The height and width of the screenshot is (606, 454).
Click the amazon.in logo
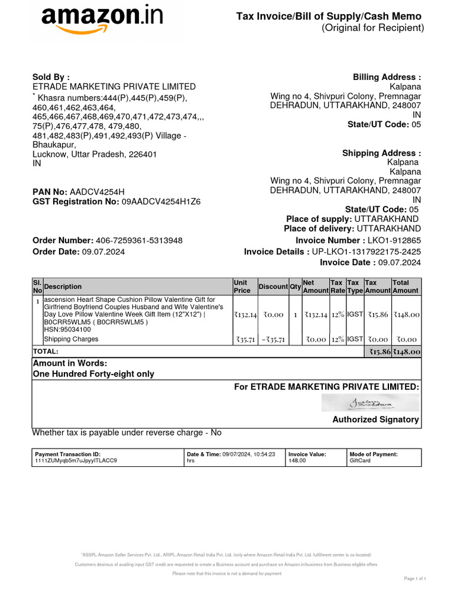point(102,21)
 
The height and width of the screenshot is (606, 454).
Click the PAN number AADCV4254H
point(98,192)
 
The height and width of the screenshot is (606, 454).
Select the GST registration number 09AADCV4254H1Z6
point(161,202)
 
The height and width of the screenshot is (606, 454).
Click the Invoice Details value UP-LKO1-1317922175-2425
point(367,252)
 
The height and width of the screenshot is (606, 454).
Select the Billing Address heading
point(387,78)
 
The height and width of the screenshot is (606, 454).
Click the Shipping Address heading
point(381,153)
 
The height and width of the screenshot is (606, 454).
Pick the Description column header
point(63,286)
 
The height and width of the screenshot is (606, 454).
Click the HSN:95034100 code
point(67,330)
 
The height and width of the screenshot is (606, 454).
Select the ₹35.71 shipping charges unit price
point(245,340)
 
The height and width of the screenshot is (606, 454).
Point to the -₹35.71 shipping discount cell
point(273,340)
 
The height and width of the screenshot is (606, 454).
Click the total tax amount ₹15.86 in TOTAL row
point(377,352)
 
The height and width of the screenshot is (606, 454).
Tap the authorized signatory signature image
point(370,403)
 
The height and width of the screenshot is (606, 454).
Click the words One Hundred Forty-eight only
point(93,374)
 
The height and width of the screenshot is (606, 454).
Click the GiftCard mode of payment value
point(361,460)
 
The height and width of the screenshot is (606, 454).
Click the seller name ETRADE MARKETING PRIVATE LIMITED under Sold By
point(114,87)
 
